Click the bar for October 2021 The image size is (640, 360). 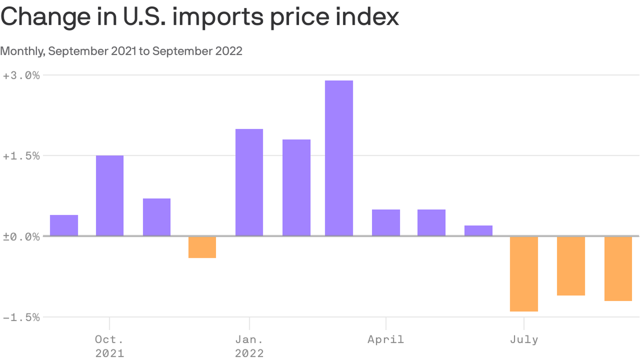(110, 195)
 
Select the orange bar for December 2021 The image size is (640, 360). (202, 247)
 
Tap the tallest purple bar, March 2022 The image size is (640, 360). (339, 158)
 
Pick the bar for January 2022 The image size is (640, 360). (249, 182)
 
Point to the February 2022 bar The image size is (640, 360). (296, 187)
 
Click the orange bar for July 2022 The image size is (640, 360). (524, 274)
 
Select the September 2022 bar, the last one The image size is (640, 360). (618, 269)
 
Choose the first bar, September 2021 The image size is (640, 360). (64, 225)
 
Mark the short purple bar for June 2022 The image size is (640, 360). (478, 231)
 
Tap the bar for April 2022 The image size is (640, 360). (386, 223)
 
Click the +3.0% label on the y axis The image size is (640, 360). (22, 75)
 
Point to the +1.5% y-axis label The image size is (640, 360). (22, 156)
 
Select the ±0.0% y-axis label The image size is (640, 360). (22, 237)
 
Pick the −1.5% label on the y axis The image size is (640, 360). (22, 317)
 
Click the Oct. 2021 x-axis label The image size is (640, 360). (110, 346)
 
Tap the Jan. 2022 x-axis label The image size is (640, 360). (249, 346)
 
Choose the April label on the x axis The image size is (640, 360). (386, 339)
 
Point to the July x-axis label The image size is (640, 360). (524, 339)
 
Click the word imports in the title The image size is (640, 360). (218, 17)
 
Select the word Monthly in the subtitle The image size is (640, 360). (22, 51)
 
